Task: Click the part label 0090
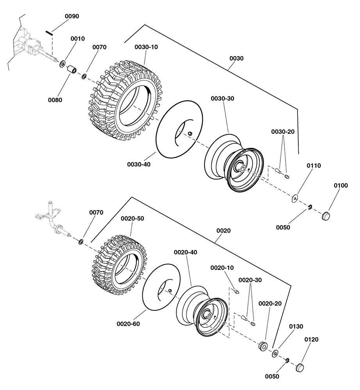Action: (71, 16)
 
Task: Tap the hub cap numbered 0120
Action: (299, 367)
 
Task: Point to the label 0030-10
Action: (146, 47)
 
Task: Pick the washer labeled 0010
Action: (62, 63)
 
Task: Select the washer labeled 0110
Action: (294, 199)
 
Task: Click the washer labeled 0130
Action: (275, 353)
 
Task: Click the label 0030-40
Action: (139, 164)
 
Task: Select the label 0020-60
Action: (128, 324)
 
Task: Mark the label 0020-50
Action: (132, 218)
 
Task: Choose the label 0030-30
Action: (223, 99)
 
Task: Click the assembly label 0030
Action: (236, 58)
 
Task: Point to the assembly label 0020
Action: (223, 230)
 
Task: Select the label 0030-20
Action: (283, 132)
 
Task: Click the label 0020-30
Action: (250, 280)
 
